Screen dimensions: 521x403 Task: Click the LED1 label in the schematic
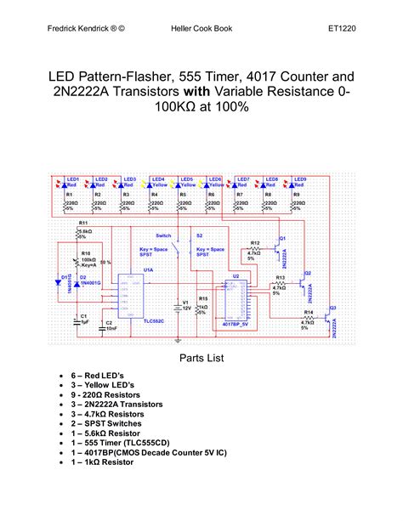point(73,179)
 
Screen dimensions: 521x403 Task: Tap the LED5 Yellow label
point(187,182)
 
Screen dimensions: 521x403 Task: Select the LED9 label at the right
point(299,179)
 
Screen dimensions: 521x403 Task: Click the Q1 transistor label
point(283,237)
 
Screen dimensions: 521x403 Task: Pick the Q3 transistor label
point(333,307)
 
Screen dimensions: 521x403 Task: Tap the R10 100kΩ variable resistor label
point(85,253)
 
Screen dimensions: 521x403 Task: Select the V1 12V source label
point(184,305)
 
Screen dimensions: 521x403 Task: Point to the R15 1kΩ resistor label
point(202,299)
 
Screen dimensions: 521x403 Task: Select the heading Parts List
point(201,358)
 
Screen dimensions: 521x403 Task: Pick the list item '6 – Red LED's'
point(109,374)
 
